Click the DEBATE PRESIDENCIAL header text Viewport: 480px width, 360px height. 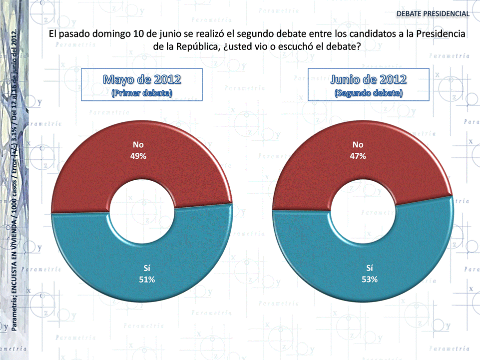(433, 13)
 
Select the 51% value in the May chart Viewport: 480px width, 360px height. (147, 280)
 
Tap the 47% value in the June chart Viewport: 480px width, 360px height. (358, 156)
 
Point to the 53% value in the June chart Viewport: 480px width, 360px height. (369, 280)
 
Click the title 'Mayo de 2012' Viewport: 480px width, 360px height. (142, 79)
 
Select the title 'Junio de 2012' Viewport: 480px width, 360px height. (369, 79)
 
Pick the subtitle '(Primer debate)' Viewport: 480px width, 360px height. (142, 93)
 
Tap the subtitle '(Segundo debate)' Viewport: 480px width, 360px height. (369, 93)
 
